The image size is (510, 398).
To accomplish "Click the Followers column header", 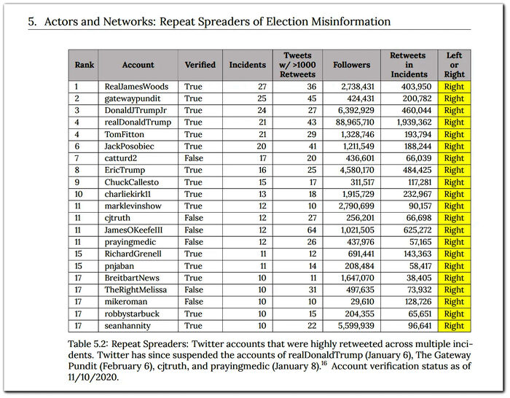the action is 351,65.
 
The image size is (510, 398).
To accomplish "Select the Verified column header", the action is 200,65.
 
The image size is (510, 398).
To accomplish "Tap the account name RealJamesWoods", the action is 136,87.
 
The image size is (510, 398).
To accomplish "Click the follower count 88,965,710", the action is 355,122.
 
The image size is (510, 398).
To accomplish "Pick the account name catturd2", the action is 121,158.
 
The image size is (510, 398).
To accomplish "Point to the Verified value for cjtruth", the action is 194,218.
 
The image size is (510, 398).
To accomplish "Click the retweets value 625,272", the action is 417,230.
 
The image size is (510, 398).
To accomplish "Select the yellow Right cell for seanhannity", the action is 454,326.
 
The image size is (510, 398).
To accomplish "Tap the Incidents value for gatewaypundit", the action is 262,98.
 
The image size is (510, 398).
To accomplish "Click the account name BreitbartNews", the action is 132,278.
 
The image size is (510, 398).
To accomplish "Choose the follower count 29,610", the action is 362,302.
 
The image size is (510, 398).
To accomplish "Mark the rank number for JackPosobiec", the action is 77,147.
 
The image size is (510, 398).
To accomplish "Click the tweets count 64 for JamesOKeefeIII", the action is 312,230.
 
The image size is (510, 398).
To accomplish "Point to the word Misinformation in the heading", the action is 351,21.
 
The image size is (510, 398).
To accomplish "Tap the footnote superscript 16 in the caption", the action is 324,363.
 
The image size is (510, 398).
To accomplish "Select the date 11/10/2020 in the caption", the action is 93,377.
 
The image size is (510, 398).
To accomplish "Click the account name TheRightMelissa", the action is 136,290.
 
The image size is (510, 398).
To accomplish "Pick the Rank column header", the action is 85,65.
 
